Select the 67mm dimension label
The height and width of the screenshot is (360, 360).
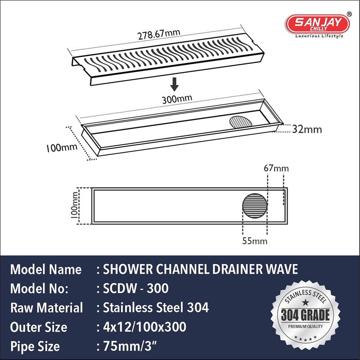276,168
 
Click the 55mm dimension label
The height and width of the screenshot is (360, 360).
255,241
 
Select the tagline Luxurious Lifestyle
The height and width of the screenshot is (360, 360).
319,36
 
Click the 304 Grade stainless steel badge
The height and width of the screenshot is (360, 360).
306,315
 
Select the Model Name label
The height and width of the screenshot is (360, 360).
46,270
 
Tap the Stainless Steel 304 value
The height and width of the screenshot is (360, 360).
155,308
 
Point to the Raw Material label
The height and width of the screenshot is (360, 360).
46,308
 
